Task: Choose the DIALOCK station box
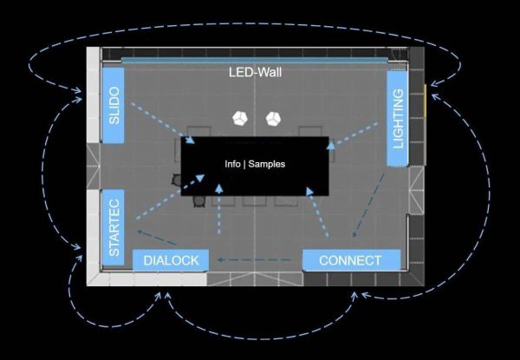tap(171, 260)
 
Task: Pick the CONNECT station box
tap(350, 260)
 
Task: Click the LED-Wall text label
tap(255, 74)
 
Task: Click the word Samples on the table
tap(267, 163)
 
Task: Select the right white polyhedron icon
tap(274, 117)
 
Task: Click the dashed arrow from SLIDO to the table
tap(161, 122)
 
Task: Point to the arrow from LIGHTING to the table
tap(354, 128)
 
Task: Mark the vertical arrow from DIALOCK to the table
tap(219, 217)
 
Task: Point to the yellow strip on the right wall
tap(425, 104)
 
